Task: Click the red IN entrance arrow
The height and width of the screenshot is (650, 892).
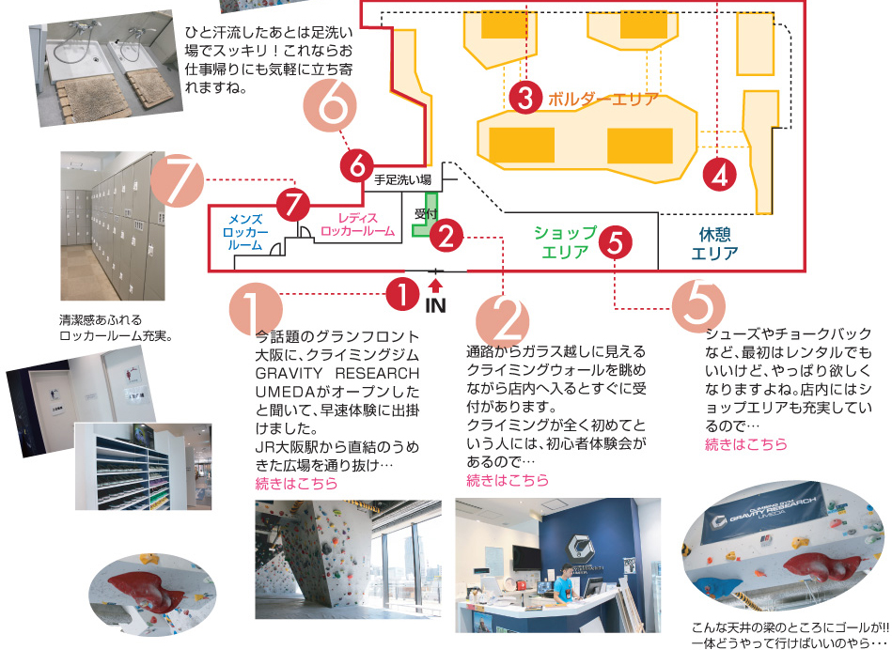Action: tap(435, 284)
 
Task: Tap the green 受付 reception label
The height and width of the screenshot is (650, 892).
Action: tap(426, 214)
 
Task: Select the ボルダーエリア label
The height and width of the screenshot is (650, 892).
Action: tap(602, 98)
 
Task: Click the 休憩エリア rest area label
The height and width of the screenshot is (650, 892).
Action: tap(714, 244)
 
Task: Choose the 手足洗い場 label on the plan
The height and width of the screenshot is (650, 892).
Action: tap(402, 178)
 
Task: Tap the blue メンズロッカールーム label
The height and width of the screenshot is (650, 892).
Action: tap(246, 232)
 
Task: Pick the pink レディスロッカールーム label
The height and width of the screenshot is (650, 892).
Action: tap(357, 224)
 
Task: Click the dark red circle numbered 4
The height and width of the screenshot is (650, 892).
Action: tap(720, 174)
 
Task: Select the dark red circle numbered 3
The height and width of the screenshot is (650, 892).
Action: tap(525, 96)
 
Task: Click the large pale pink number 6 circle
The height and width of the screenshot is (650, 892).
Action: tap(331, 107)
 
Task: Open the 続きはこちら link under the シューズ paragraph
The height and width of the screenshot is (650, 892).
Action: tap(746, 444)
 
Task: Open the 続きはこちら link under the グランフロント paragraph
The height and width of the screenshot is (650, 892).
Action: tap(296, 484)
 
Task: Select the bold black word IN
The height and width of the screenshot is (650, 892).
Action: tap(435, 305)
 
